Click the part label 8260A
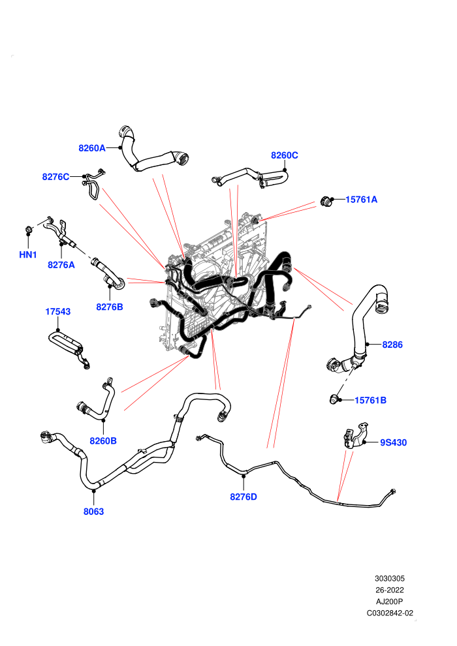(x=92, y=148)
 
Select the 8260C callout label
(x=285, y=155)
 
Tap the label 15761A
(x=361, y=200)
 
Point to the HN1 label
(x=28, y=254)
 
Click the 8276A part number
(x=61, y=265)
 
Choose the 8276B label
(x=110, y=307)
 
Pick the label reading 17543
(x=57, y=312)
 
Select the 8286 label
(x=392, y=345)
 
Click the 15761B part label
(x=370, y=400)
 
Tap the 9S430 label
(x=393, y=442)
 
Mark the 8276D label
(x=244, y=497)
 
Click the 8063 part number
(x=93, y=512)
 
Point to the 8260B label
(x=103, y=441)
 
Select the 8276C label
(x=55, y=177)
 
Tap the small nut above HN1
(x=29, y=229)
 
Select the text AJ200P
(x=389, y=602)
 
